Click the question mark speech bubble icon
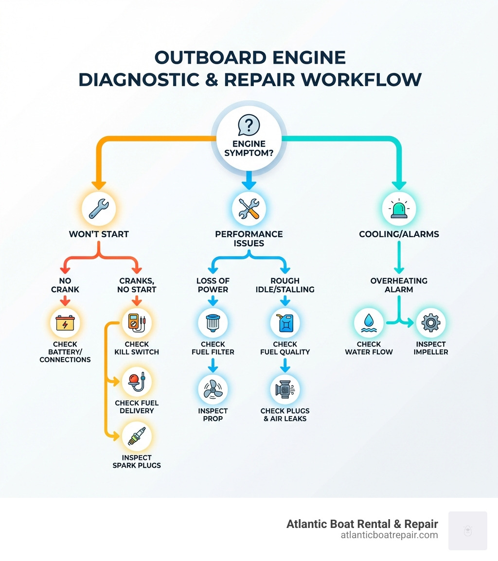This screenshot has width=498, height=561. (x=249, y=125)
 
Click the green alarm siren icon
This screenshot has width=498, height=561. (x=399, y=208)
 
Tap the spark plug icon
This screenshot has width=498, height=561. (x=137, y=437)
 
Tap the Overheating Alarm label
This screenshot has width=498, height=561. (x=399, y=285)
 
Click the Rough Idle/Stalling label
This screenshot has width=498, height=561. (x=285, y=285)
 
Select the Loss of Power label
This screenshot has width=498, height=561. (x=213, y=285)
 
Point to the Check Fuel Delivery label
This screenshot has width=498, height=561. (x=137, y=407)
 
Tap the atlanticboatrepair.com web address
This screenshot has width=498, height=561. (x=390, y=535)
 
